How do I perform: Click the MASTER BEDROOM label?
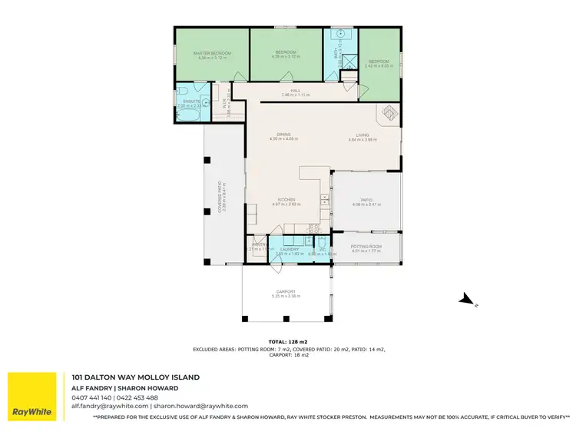point(212,53)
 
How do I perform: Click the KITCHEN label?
point(286,201)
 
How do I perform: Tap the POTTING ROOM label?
point(366,246)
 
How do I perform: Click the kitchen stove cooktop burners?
point(313,228)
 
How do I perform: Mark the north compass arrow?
point(466,299)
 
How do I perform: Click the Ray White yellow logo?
point(32,397)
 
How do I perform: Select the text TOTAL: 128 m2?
point(288,341)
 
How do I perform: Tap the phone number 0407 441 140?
point(92,397)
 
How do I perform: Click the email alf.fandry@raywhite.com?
point(110,406)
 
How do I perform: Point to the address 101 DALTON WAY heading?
point(136,377)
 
